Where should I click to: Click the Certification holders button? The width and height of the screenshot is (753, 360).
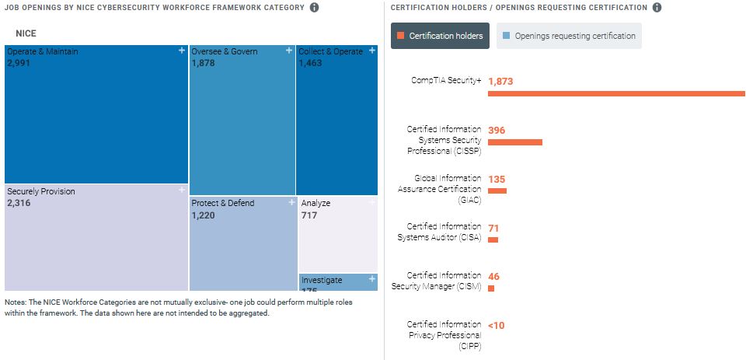(x=440, y=36)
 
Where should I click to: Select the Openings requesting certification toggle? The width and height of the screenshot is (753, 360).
(x=569, y=36)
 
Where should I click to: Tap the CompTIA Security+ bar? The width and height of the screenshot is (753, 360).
(x=616, y=93)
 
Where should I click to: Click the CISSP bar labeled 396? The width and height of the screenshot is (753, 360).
(x=514, y=142)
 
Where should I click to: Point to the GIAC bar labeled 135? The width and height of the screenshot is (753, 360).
(x=497, y=190)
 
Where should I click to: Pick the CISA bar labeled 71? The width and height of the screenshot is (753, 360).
(x=493, y=239)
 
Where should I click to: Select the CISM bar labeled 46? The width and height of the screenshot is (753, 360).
(x=491, y=288)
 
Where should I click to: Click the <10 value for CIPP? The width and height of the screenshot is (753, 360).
(x=496, y=325)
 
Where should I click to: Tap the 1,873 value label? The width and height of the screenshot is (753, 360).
(x=500, y=81)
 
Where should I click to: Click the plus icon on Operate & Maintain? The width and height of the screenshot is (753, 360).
(x=181, y=51)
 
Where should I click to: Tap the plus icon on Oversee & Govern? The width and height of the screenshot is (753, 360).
(x=289, y=51)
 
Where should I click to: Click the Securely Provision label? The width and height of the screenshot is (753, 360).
(x=41, y=191)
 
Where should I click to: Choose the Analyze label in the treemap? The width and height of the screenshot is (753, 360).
(x=315, y=203)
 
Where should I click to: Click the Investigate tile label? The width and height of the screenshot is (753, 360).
(x=322, y=280)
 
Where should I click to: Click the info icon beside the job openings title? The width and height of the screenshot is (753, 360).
(x=314, y=8)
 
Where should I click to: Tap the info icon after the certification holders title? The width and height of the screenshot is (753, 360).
(x=657, y=8)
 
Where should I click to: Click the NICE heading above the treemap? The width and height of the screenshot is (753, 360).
(x=26, y=34)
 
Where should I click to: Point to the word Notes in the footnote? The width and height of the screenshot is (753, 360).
(x=16, y=302)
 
